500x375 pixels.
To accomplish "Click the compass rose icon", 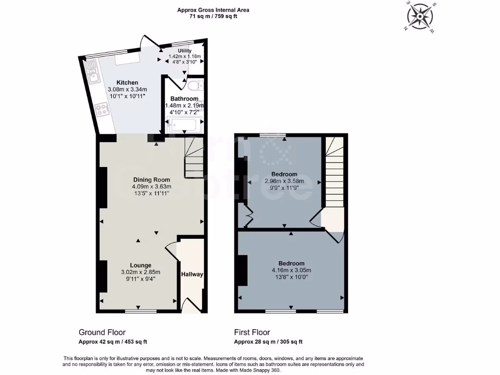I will [420, 18].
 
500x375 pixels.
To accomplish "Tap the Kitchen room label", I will [127, 83].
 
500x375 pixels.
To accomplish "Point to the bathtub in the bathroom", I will [183, 126].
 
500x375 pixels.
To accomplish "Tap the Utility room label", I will [185, 51].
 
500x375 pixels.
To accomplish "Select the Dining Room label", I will [151, 179].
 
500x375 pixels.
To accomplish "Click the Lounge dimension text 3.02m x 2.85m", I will [141, 272].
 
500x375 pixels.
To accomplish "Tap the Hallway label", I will [192, 274].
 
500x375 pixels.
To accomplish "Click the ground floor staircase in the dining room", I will [193, 157].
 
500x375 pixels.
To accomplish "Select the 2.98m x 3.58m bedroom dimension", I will [284, 181].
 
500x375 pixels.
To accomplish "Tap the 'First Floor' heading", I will [252, 333].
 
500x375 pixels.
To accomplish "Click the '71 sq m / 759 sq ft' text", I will [213, 16].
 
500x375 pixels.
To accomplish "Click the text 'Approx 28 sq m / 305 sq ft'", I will [271, 342].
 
